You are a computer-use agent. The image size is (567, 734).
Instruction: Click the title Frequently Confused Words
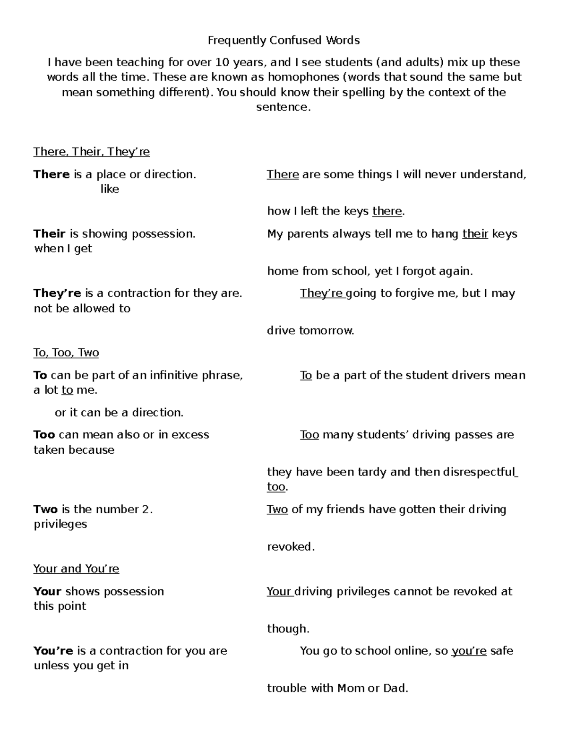pos(283,40)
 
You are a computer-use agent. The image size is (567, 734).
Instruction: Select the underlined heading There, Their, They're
pos(91,152)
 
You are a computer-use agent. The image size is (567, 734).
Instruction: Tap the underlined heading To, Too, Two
pos(66,353)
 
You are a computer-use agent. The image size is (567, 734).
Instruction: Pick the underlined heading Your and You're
pos(76,569)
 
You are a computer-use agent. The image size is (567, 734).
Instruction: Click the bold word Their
pos(49,234)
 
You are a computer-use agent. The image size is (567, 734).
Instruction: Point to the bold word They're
pos(57,293)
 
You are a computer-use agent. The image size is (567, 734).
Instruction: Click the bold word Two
pos(45,509)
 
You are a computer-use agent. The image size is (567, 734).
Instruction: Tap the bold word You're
pos(53,651)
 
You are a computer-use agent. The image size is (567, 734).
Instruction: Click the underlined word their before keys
pos(475,234)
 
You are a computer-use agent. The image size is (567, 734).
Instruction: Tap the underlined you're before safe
pos(469,651)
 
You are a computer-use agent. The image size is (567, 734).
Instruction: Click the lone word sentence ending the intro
pos(283,107)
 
